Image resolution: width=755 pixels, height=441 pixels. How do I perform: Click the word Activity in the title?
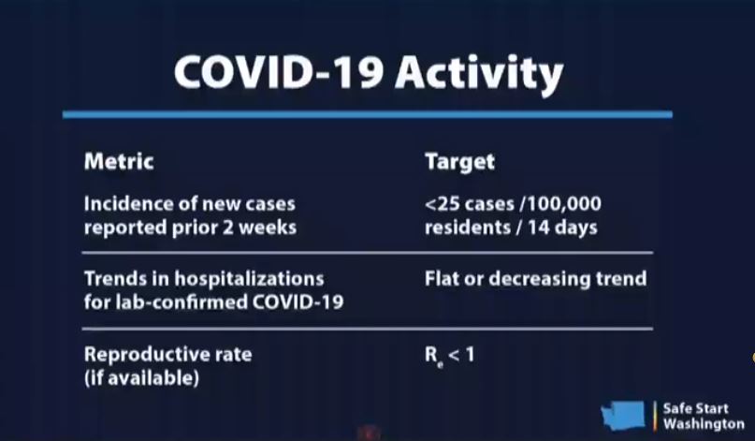pyautogui.click(x=479, y=74)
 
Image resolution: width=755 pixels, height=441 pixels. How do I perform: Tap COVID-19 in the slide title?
pyautogui.click(x=279, y=72)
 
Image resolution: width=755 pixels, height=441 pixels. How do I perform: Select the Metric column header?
pyautogui.click(x=119, y=161)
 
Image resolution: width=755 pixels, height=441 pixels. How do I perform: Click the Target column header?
pyautogui.click(x=460, y=162)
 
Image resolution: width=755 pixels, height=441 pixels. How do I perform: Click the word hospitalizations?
pyautogui.click(x=249, y=279)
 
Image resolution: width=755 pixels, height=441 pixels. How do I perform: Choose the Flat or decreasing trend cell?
pyautogui.click(x=535, y=279)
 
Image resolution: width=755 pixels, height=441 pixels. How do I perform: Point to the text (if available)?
pyautogui.click(x=141, y=377)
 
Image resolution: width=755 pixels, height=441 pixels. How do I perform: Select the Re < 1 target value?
pyautogui.click(x=449, y=357)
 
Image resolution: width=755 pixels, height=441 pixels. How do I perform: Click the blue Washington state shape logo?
pyautogui.click(x=622, y=415)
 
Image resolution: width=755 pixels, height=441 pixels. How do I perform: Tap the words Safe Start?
pyautogui.click(x=696, y=409)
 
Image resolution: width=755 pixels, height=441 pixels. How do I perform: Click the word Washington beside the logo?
pyautogui.click(x=704, y=424)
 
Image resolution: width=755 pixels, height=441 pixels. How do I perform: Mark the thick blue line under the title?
pyautogui.click(x=368, y=115)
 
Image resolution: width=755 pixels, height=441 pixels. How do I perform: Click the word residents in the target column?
pyautogui.click(x=467, y=227)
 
